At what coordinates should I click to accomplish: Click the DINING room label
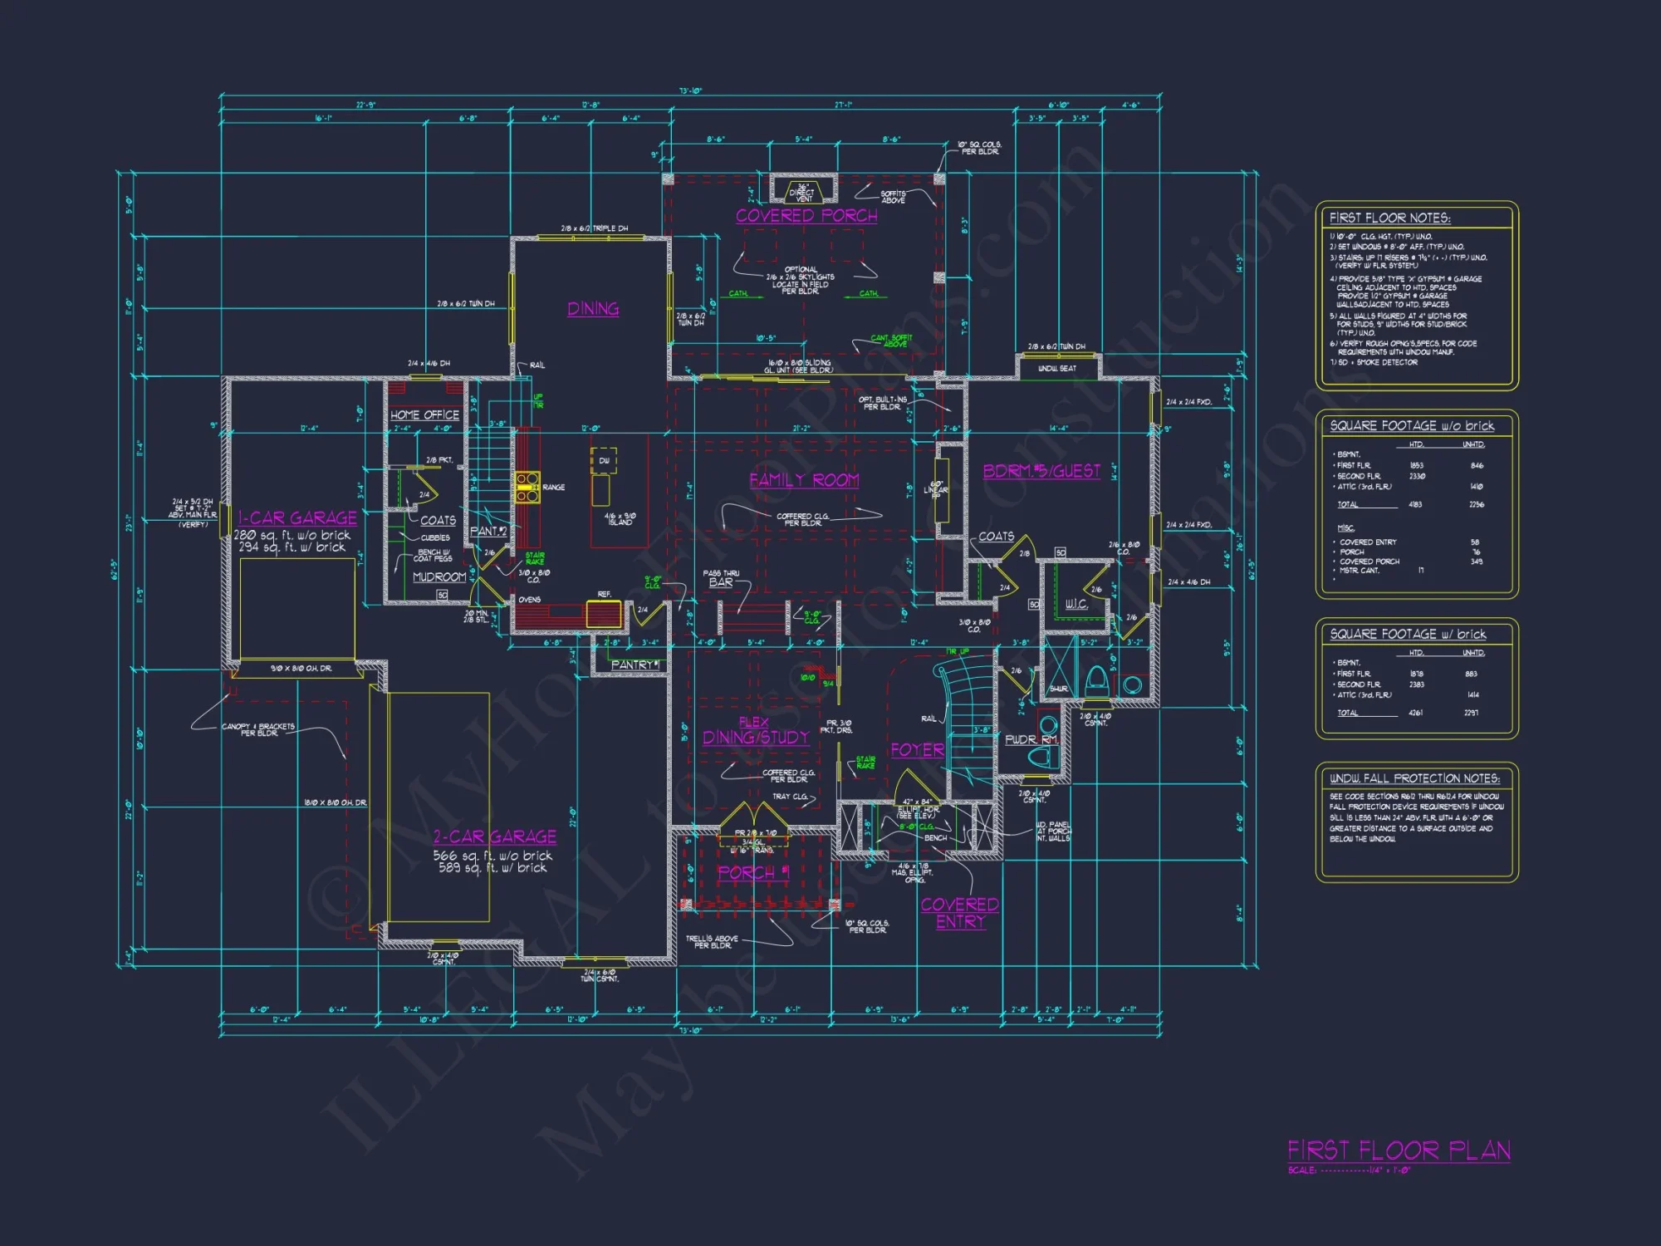[593, 309]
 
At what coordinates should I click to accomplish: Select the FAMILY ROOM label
[804, 480]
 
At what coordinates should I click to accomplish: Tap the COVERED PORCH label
[806, 216]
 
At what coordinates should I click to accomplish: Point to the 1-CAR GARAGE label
[297, 518]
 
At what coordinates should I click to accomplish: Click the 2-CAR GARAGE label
[495, 836]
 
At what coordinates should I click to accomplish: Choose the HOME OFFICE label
[424, 415]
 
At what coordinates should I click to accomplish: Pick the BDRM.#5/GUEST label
[1041, 471]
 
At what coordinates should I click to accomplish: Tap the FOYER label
[917, 750]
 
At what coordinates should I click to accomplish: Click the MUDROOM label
[439, 576]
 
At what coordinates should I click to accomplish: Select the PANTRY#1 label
[635, 665]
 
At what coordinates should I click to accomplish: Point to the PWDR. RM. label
[1031, 739]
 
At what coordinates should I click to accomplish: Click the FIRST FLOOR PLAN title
[1399, 1150]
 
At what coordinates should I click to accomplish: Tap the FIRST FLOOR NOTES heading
[1389, 218]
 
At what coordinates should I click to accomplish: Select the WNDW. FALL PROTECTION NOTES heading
[1414, 778]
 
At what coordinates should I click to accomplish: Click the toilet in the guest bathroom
[1096, 680]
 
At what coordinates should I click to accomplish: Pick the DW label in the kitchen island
[604, 460]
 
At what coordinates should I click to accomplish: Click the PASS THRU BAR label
[721, 579]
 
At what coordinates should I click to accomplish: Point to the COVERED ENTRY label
[959, 913]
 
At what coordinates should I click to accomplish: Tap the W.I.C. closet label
[1076, 604]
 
